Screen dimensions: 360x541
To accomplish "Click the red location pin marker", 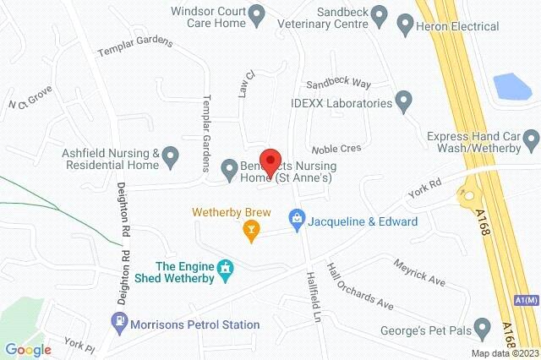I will click(x=270, y=161).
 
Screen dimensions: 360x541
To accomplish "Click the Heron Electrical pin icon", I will click(x=404, y=26).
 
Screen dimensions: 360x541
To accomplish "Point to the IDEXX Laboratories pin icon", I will click(x=404, y=103).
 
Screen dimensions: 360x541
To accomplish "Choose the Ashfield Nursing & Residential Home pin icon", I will click(x=170, y=155).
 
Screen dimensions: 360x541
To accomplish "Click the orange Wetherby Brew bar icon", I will click(x=250, y=228).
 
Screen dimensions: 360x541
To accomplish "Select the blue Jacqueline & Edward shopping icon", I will click(x=297, y=221).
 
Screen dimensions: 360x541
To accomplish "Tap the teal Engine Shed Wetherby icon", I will click(x=225, y=269).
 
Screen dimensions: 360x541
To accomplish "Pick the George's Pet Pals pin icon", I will click(x=483, y=325).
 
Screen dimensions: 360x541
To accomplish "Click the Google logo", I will click(x=29, y=350).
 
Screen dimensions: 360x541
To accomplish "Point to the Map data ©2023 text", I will click(x=505, y=353).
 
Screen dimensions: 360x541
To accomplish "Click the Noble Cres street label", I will click(x=336, y=148).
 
